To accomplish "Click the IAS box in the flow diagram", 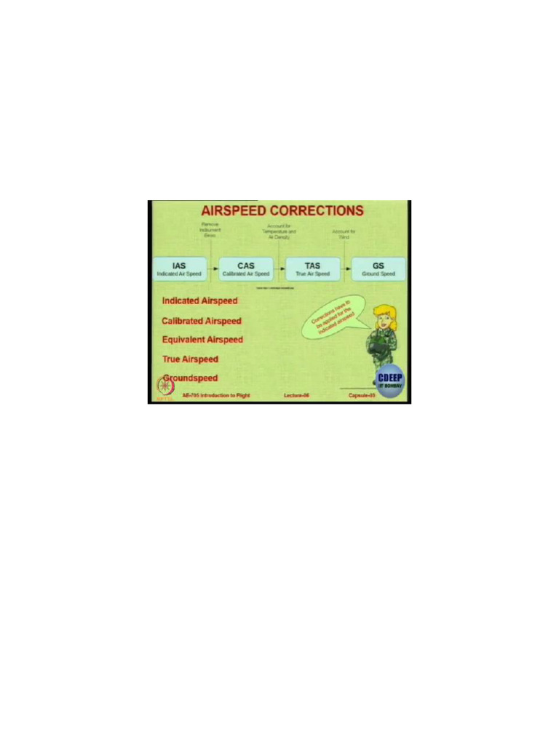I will pos(178,269).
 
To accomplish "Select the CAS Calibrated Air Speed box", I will pos(245,269).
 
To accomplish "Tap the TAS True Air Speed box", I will pos(312,269).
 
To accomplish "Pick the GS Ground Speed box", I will pos(378,269).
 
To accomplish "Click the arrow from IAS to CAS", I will pos(212,269).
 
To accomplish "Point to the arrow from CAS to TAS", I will pos(279,269).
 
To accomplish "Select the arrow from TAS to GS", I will pos(345,269).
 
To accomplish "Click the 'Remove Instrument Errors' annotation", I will pos(211,231).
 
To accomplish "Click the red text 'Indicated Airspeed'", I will pos(200,300).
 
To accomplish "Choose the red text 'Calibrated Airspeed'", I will pos(202,320).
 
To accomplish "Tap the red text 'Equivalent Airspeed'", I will pos(202,340).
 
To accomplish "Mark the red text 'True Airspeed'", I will pos(190,359).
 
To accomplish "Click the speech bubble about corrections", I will pos(331,316).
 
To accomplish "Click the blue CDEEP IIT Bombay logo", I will pos(390,379).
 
